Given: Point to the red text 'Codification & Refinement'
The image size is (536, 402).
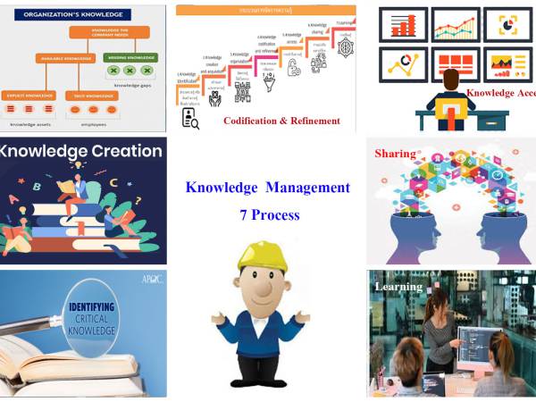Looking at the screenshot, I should pyautogui.click(x=281, y=121).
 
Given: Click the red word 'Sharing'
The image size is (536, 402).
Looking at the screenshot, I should pyautogui.click(x=395, y=153).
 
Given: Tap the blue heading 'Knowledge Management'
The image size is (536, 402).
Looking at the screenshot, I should pyautogui.click(x=267, y=188).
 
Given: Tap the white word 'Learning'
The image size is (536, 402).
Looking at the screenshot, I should pyautogui.click(x=398, y=287).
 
